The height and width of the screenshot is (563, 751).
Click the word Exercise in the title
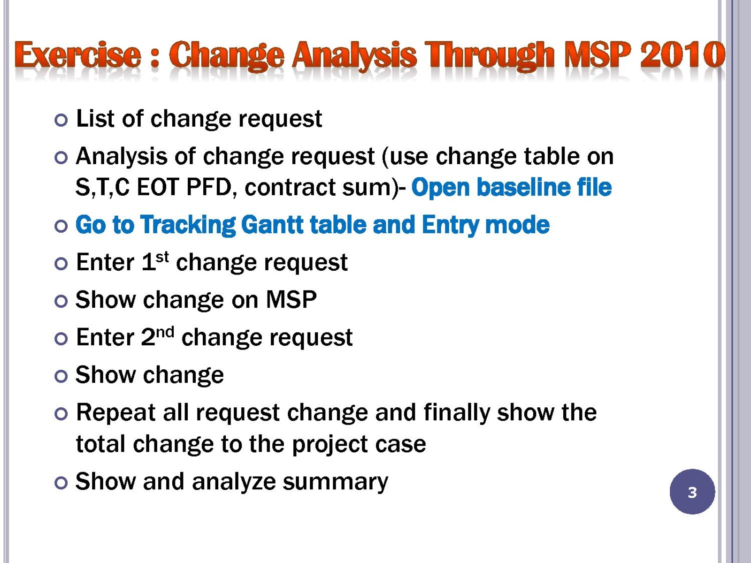77,55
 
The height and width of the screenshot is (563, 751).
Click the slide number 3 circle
692,492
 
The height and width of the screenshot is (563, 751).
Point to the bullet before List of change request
61,120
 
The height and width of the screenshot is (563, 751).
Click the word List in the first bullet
95,119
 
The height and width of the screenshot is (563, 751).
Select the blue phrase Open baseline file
511,187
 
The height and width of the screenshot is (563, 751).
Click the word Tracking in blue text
188,225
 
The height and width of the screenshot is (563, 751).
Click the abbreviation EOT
158,187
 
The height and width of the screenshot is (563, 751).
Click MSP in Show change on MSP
291,300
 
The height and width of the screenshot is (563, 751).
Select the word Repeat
115,412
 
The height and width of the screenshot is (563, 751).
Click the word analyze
234,482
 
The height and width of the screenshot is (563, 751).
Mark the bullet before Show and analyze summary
61,483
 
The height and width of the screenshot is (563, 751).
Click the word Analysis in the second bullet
122,157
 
